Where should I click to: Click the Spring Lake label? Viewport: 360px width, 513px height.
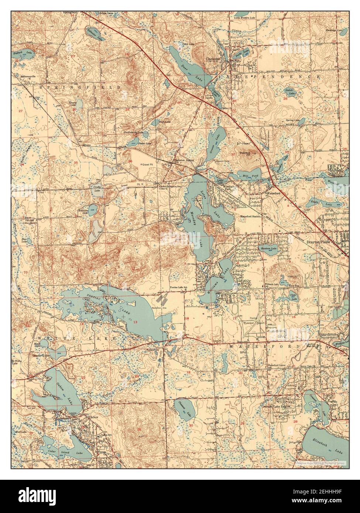pos(292,121)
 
